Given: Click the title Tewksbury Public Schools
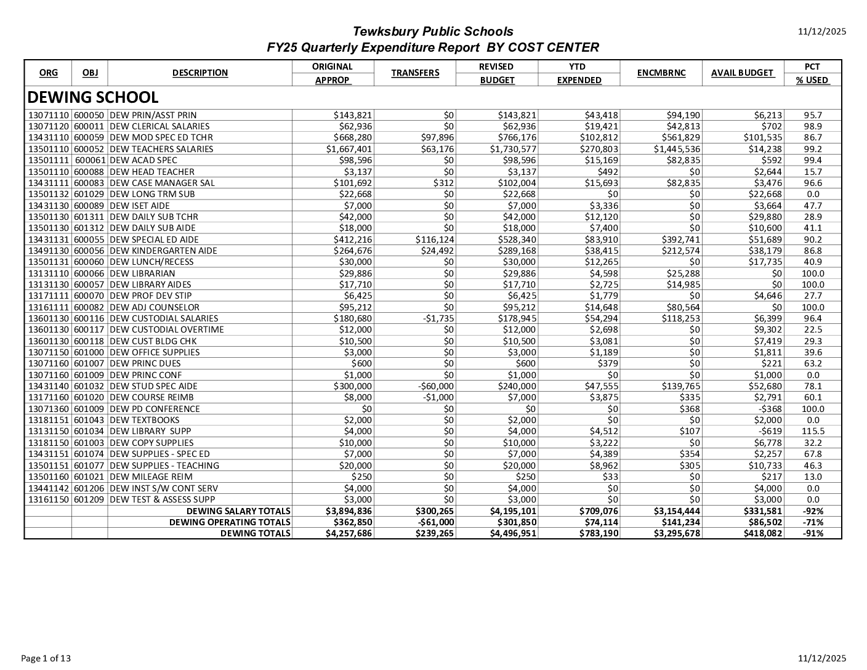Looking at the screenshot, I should tap(432, 31).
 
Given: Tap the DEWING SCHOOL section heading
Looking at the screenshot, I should tap(93, 97).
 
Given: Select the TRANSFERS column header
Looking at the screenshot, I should tap(415, 73).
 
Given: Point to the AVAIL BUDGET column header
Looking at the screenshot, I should tap(742, 73).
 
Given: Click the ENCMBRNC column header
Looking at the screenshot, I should tap(661, 73).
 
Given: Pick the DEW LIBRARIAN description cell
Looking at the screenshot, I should tap(142, 273).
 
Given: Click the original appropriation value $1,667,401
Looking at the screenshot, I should tap(349, 149).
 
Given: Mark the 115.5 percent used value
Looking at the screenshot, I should tap(813, 432).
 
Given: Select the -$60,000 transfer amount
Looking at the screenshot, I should tap(435, 386).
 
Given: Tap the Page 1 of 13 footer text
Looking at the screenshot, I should tap(46, 658).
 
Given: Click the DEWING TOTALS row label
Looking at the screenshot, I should tap(255, 533).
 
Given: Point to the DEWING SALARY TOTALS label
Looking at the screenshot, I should tap(238, 511).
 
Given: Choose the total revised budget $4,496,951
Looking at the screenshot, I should tap(513, 533).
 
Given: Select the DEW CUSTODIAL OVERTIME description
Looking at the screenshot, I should tap(167, 329).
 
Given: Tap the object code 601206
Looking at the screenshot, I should tap(89, 488).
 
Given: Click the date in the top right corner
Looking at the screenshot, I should tap(822, 31).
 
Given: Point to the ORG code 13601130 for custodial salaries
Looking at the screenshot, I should tap(49, 318).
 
